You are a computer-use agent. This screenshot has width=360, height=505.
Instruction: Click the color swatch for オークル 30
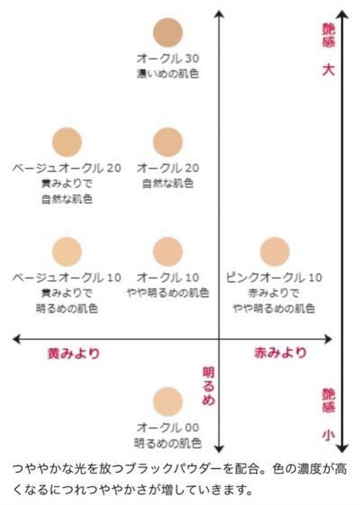[x=168, y=33]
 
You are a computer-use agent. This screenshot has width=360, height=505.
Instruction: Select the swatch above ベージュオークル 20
[x=67, y=142]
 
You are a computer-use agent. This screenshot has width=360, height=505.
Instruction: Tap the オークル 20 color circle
[x=168, y=142]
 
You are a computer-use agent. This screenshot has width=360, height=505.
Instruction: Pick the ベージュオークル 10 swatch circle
[x=67, y=252]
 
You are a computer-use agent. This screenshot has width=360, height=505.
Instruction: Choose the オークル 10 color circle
[x=168, y=252]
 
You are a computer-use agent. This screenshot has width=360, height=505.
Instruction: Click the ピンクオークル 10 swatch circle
[x=275, y=252]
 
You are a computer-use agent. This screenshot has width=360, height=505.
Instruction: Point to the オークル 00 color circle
[x=168, y=402]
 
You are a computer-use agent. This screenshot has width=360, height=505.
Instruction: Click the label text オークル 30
[x=168, y=59]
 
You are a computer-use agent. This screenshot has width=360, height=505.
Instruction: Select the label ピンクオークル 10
[x=274, y=277]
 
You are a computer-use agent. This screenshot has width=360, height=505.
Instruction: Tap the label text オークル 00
[x=168, y=428]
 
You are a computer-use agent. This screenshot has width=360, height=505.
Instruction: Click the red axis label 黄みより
[x=74, y=353]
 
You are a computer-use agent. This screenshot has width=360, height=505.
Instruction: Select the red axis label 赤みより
[x=281, y=353]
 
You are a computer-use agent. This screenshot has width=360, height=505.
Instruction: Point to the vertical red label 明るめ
[x=208, y=386]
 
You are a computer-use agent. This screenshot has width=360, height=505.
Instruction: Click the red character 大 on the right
[x=329, y=70]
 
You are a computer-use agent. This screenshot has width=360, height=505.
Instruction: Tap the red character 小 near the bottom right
[x=329, y=436]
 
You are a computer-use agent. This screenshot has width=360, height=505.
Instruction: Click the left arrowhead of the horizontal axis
[x=16, y=339]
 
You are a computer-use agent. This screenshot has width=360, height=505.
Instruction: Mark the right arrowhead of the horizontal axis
[x=329, y=339]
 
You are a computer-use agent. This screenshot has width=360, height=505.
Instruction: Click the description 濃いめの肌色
[x=168, y=74]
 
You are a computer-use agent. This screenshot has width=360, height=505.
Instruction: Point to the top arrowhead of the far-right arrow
[x=342, y=14]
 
